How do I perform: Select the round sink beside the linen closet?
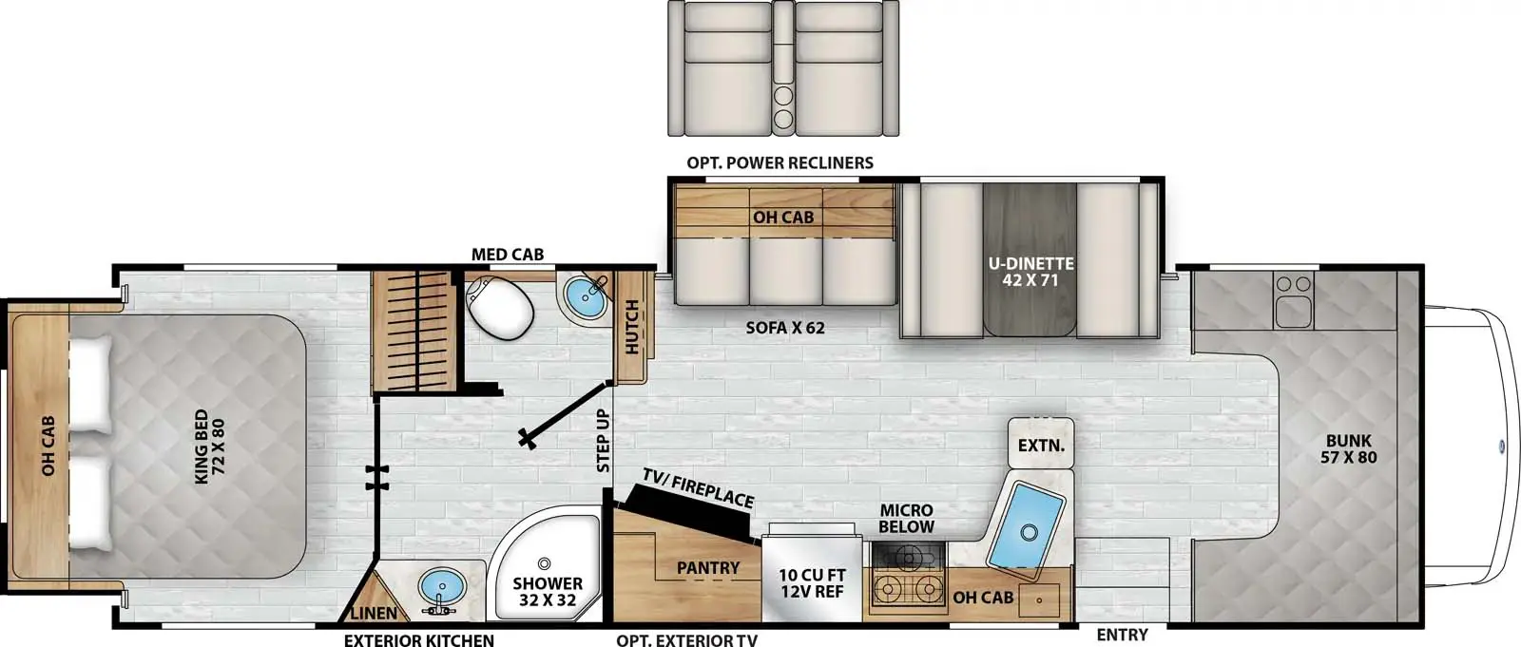click(x=442, y=587)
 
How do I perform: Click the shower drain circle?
click(x=546, y=562)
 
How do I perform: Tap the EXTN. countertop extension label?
click(x=1040, y=445)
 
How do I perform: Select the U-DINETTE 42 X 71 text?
click(x=1029, y=271)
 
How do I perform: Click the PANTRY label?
click(x=707, y=567)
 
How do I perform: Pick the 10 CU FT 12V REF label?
click(x=812, y=583)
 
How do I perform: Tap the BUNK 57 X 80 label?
click(x=1348, y=448)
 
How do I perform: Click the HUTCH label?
click(x=631, y=328)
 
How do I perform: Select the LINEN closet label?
click(x=375, y=614)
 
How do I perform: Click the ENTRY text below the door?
click(x=1121, y=635)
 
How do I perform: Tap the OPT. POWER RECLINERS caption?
click(x=780, y=162)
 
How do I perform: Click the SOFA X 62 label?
click(x=784, y=328)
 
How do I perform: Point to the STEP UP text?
click(x=603, y=441)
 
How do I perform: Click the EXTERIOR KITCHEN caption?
click(x=418, y=639)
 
